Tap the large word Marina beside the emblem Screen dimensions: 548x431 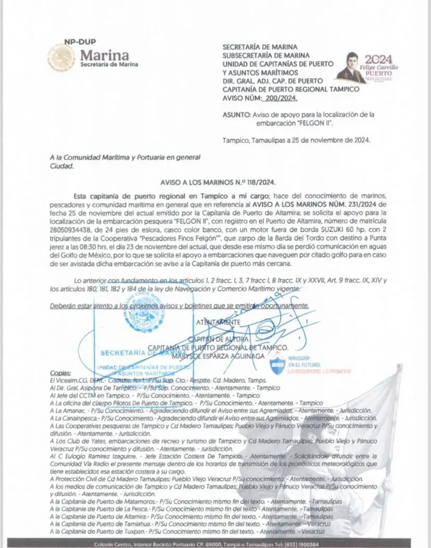pos(105,55)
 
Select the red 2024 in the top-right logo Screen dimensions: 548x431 pos(379,59)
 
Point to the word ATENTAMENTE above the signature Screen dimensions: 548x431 pos(218,322)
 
